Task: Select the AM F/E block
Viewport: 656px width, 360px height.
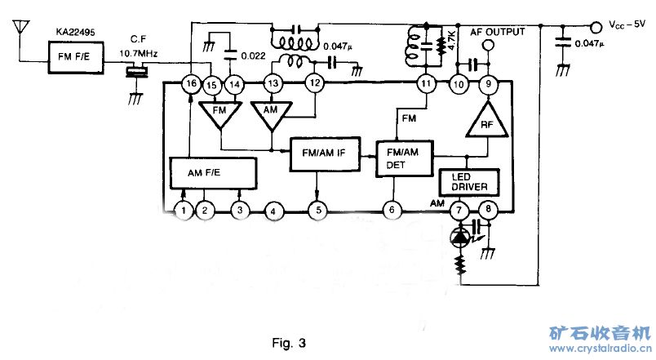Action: point(213,173)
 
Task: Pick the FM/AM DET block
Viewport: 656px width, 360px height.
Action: point(403,158)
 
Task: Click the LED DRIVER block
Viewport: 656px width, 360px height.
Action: point(468,182)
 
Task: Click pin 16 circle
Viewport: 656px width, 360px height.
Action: point(191,83)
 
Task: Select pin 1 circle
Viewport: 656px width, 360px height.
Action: point(184,211)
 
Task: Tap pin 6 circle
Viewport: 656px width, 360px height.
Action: point(392,211)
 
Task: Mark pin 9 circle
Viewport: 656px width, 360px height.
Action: point(488,83)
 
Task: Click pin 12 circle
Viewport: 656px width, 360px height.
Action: point(314,83)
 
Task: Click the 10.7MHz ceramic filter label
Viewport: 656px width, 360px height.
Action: point(137,53)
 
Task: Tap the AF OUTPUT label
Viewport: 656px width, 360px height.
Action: point(498,32)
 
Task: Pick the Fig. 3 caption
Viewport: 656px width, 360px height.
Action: point(289,342)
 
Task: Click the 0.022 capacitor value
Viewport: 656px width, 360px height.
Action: point(254,55)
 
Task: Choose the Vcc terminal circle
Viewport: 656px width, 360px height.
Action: point(595,24)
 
